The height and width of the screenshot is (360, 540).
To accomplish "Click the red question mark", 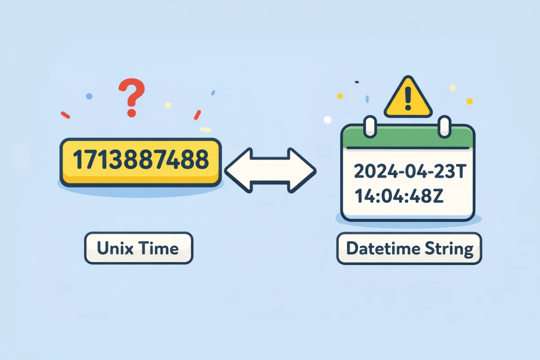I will (x=131, y=97).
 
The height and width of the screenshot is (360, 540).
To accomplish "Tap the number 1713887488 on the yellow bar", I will (x=140, y=160).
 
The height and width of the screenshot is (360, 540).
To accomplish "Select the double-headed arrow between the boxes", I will (x=270, y=170).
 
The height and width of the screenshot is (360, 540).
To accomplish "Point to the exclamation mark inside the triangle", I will (x=408, y=100).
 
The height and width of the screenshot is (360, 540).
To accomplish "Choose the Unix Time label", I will (x=139, y=248).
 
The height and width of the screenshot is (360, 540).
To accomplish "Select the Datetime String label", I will (x=409, y=248).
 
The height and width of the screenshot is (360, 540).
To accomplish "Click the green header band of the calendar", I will (x=408, y=137).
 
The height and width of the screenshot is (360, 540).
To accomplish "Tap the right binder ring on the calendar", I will (x=445, y=126).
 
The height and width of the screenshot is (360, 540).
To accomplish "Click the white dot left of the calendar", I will (x=328, y=120).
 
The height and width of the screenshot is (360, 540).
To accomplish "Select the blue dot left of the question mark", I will (x=89, y=96).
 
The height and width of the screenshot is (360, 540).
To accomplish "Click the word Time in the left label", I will (x=160, y=248).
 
